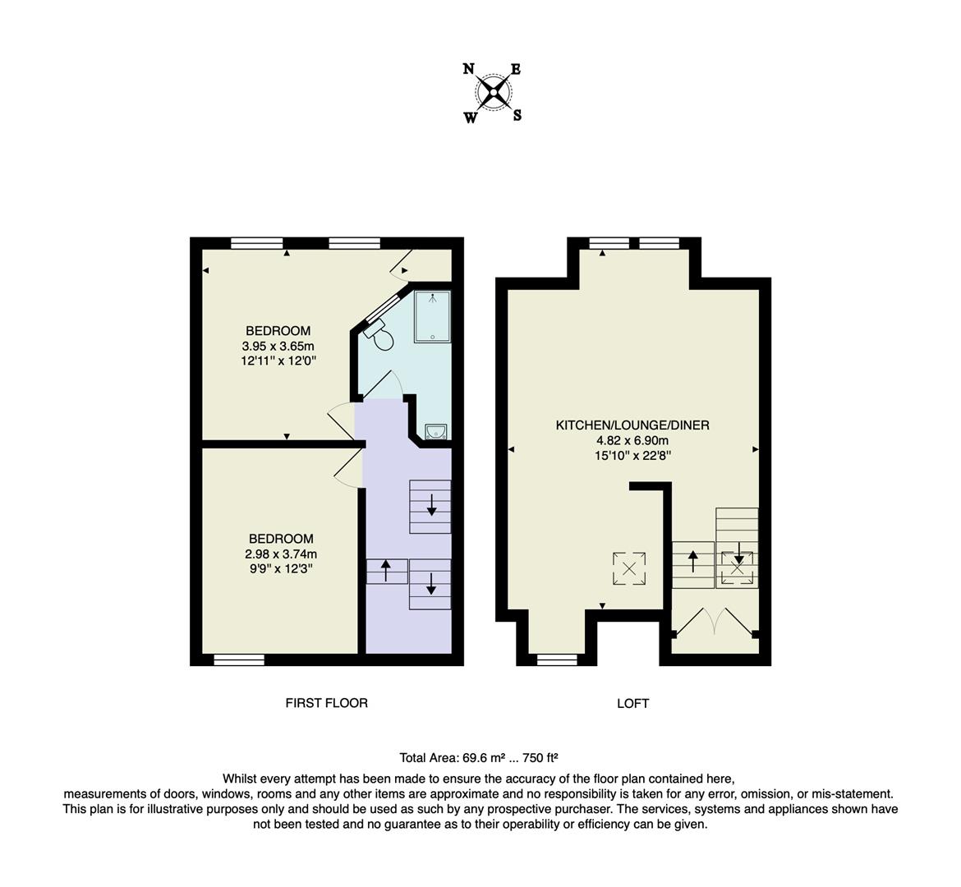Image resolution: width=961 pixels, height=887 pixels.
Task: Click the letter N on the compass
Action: (469, 69)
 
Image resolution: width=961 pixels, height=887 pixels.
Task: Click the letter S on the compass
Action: (517, 116)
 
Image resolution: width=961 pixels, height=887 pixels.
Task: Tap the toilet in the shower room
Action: (379, 334)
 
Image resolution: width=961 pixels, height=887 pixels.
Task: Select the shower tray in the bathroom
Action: (432, 316)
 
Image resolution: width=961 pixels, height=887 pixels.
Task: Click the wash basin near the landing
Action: (436, 432)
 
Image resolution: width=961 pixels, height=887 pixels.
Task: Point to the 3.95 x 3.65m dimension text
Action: (278, 346)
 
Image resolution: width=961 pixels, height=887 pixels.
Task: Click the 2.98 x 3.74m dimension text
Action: (281, 554)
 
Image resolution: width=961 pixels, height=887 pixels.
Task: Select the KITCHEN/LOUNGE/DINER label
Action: (632, 425)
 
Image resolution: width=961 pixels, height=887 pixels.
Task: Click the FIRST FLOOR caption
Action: (326, 703)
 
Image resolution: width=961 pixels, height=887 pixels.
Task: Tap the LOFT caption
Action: (632, 704)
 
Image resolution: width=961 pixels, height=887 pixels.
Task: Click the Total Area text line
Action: (479, 759)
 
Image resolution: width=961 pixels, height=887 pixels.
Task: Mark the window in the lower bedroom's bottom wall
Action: (239, 660)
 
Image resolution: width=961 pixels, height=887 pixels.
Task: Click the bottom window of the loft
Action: (557, 660)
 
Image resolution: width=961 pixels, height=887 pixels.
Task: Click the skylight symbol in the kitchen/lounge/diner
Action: (629, 568)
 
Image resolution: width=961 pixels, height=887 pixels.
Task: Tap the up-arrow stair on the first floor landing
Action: (386, 571)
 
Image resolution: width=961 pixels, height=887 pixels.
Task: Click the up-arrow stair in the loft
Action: (692, 564)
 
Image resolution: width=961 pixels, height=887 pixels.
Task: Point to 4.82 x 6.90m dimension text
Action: (632, 440)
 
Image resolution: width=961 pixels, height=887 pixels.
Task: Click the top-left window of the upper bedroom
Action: (257, 243)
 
